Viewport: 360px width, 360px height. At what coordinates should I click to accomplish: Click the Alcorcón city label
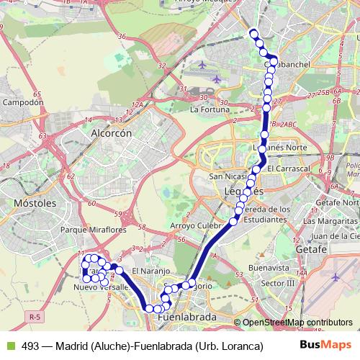click(x=110, y=133)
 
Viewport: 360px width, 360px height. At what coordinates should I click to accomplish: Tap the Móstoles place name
click(x=35, y=204)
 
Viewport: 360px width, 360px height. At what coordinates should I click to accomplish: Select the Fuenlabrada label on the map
click(x=186, y=318)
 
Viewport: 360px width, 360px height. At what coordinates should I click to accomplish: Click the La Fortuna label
click(x=210, y=110)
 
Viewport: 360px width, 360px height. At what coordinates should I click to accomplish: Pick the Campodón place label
click(x=24, y=102)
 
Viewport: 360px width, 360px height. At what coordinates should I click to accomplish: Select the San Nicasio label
click(x=227, y=176)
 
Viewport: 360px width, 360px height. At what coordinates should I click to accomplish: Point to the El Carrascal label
click(x=287, y=168)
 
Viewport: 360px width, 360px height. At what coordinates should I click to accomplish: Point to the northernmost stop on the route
click(x=253, y=32)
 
